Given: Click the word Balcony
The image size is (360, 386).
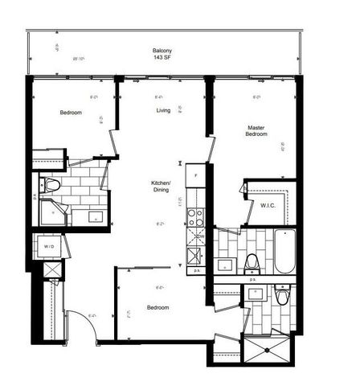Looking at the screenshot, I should [161, 51].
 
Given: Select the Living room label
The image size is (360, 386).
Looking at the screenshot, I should [163, 122].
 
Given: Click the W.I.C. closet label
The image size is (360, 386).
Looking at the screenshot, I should [268, 205].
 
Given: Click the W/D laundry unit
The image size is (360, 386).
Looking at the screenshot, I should [49, 246].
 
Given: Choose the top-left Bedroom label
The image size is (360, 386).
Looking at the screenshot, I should [71, 113].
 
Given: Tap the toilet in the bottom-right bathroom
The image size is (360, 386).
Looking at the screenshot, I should [282, 297].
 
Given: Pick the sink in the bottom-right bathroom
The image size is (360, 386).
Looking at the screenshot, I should [256, 292].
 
